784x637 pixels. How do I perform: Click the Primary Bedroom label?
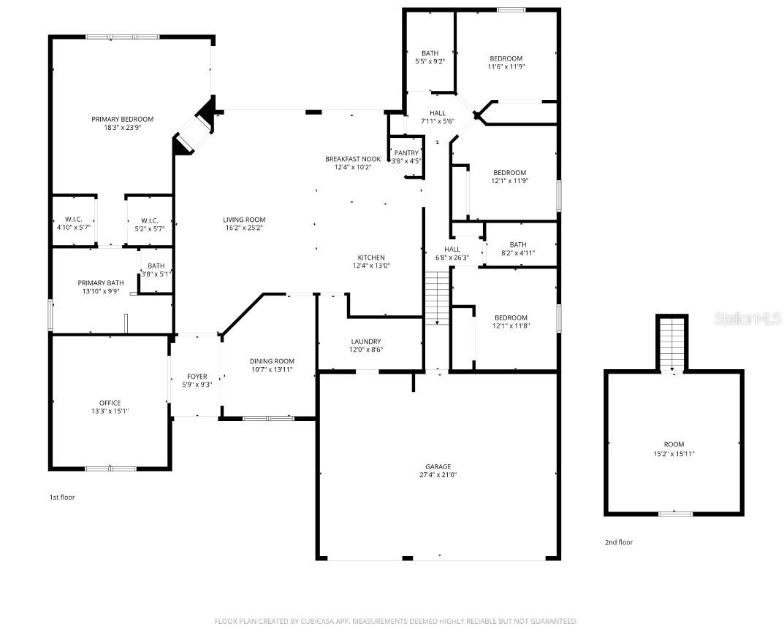point(122,119)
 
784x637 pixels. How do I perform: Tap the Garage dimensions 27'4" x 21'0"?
point(438,475)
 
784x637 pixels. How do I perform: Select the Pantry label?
point(406,153)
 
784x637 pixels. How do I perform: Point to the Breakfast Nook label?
point(353,158)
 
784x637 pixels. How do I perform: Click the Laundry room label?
point(365,341)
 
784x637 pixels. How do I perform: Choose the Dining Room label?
point(272,361)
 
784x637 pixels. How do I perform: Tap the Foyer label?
point(197,377)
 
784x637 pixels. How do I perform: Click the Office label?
point(110,403)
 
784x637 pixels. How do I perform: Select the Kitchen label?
point(370,258)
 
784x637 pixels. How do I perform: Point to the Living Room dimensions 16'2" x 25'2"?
point(244,228)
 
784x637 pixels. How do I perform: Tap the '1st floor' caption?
point(62,497)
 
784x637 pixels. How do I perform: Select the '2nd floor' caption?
point(619,542)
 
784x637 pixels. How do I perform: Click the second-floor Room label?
point(674,444)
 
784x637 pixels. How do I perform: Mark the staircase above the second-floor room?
point(672,343)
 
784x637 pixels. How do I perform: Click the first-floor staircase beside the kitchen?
point(436,298)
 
